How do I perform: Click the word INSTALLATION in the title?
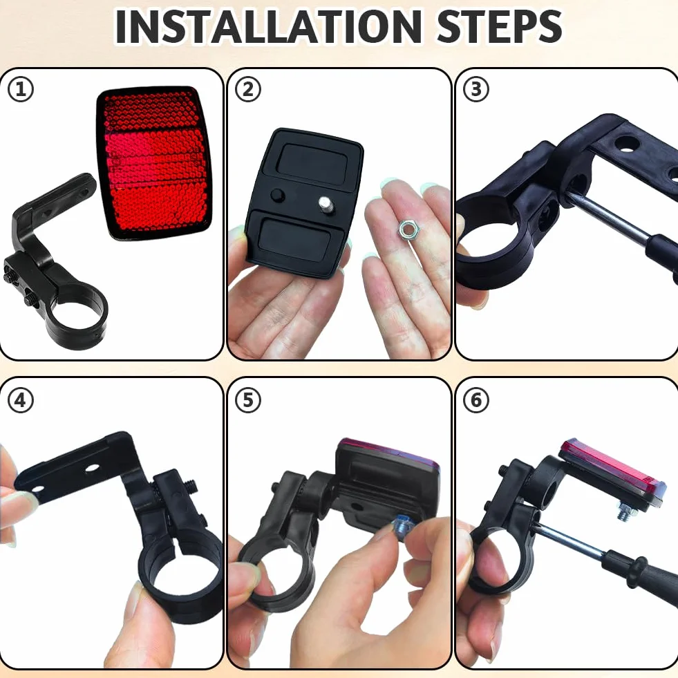pos(269,26)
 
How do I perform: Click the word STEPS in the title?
pos(500,26)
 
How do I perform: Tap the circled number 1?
pos(21,90)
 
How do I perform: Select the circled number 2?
pos(247,90)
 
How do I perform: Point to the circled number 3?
pos(475,90)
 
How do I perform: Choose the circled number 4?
pos(21,400)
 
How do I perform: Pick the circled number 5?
pos(247,400)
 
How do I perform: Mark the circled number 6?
pos(475,400)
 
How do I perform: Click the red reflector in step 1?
pos(154,163)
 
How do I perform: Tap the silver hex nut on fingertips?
pos(406,228)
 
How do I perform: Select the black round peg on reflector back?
pos(278,196)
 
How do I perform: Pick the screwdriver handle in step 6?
pos(644,578)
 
